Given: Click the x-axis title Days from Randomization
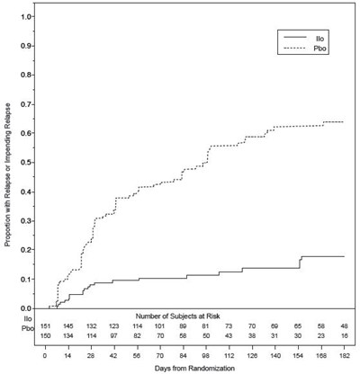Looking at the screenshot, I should [x=195, y=362].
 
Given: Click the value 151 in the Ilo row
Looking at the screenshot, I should [x=46, y=325].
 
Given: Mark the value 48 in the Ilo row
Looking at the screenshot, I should [x=345, y=325].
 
